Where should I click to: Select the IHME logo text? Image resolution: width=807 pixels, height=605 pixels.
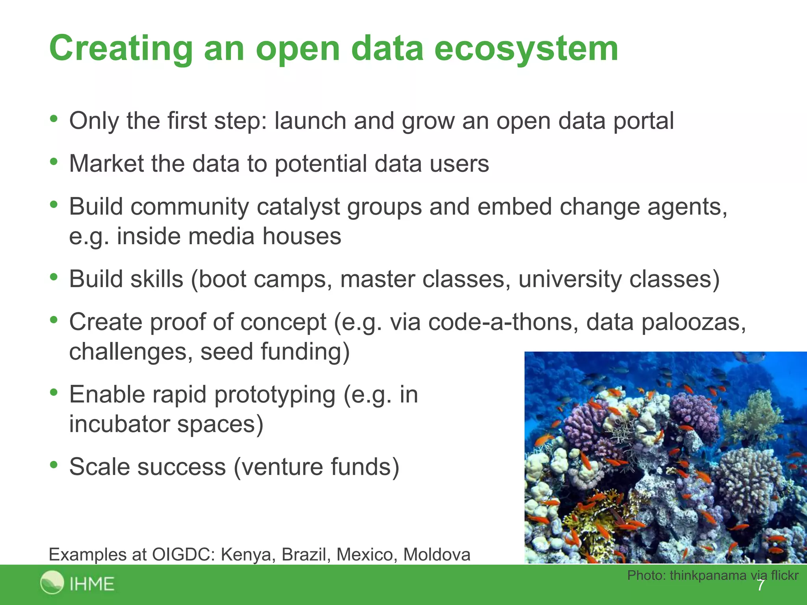(92, 584)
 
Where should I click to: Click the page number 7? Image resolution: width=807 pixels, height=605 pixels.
(761, 585)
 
